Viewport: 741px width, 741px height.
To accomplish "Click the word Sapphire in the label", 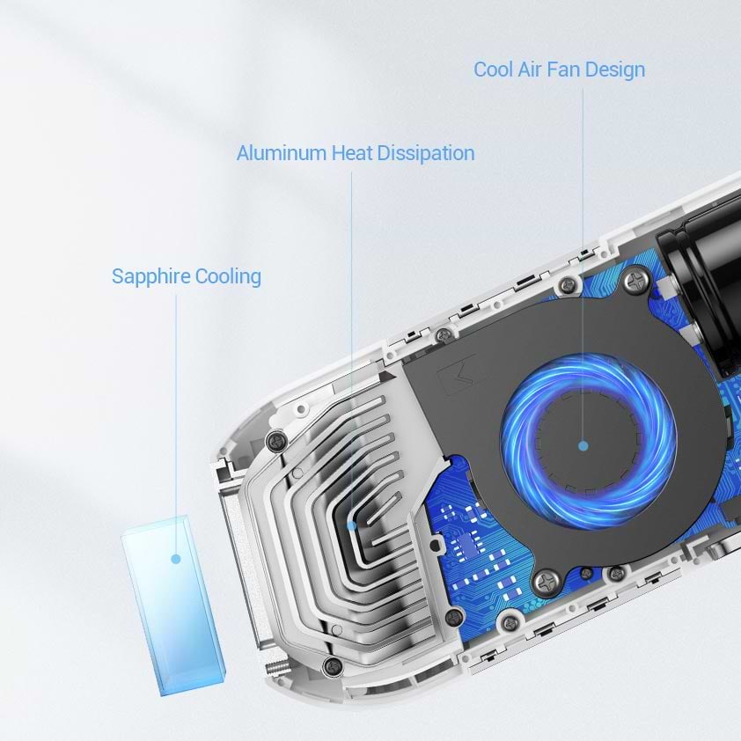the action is [150, 277].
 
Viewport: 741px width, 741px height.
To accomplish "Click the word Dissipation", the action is [426, 154].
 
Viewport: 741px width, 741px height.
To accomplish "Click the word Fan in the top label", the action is [564, 70].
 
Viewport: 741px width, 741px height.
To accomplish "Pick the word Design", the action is [615, 70].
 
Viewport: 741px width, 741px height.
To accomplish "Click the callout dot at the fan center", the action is [583, 445].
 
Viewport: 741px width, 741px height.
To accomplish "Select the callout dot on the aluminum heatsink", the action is [352, 525].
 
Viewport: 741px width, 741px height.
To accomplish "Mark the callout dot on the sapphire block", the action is [176, 559].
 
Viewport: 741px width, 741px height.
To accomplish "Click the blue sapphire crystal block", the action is [174, 605].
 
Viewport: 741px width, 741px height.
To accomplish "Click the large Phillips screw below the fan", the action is [547, 582].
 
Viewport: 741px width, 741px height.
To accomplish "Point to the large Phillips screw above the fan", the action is [638, 282].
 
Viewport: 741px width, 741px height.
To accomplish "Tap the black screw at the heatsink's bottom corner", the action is [333, 665].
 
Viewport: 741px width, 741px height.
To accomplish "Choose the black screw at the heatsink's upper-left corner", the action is [276, 441].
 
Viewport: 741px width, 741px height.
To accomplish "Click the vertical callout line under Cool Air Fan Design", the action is [583, 265].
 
